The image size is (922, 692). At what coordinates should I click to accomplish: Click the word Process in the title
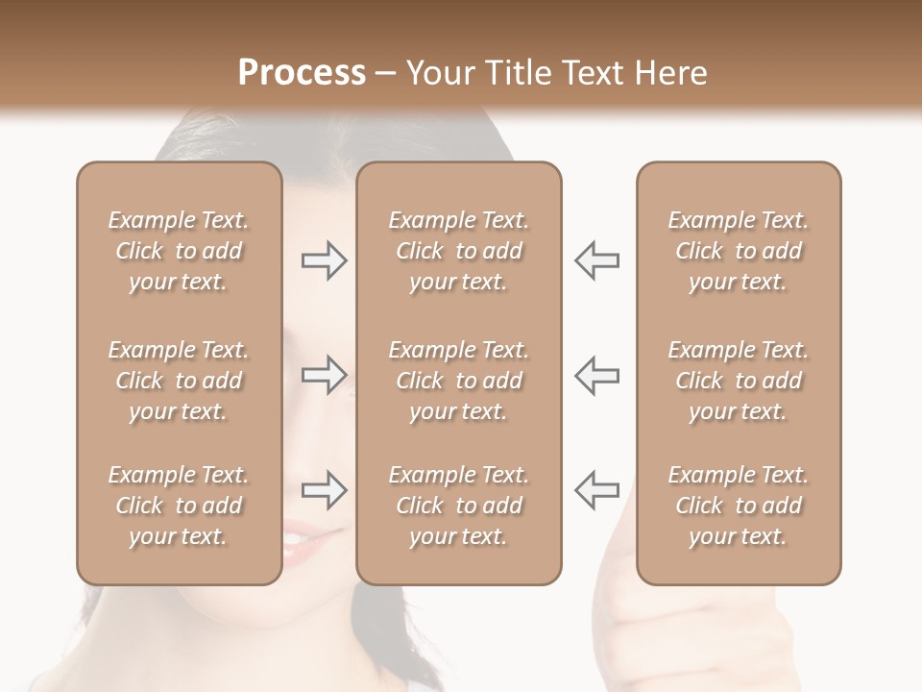click(x=302, y=73)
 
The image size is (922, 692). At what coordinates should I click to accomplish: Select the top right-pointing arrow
click(x=324, y=260)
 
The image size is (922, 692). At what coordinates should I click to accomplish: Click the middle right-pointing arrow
click(x=324, y=375)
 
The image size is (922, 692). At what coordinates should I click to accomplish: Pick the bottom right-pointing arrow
click(x=324, y=489)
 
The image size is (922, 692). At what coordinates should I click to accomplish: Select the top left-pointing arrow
click(x=597, y=260)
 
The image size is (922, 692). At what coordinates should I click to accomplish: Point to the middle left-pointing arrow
click(x=597, y=375)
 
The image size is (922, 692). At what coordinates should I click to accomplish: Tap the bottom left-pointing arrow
click(x=597, y=489)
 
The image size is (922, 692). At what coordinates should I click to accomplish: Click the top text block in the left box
click(x=179, y=251)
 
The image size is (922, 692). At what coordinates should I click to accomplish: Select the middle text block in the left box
click(x=179, y=381)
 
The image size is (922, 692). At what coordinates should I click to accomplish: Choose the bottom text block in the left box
click(x=179, y=506)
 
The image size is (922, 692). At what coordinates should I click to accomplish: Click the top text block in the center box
click(x=459, y=251)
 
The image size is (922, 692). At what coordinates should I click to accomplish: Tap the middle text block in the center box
click(x=459, y=381)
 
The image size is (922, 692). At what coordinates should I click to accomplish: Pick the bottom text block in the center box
click(x=459, y=506)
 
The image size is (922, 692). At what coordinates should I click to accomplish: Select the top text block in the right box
click(x=739, y=251)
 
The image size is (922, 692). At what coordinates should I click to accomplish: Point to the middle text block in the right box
click(x=739, y=381)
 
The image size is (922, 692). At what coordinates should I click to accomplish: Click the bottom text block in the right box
click(x=739, y=506)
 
